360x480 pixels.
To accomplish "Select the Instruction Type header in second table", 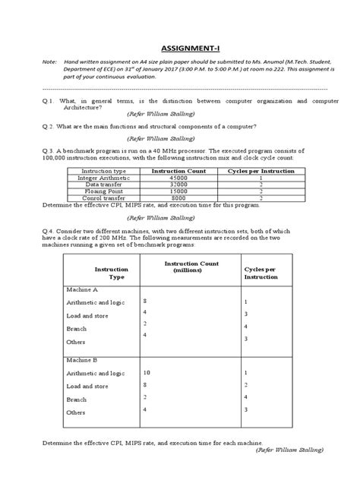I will point(111,273).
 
